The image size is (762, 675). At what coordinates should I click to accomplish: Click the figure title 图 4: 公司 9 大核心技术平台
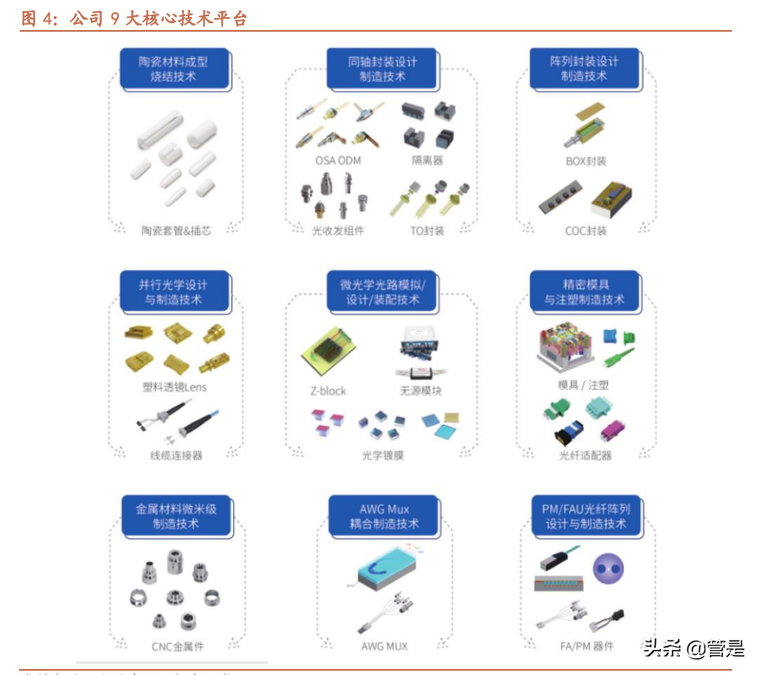(x=133, y=18)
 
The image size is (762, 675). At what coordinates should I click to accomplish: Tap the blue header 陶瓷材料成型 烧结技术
(x=174, y=69)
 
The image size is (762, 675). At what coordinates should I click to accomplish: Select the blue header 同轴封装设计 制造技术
(x=382, y=69)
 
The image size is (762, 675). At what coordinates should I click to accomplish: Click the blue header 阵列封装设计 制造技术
(x=584, y=69)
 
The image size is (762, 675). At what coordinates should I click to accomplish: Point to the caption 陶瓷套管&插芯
(x=176, y=230)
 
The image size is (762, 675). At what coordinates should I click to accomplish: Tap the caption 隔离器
(x=427, y=160)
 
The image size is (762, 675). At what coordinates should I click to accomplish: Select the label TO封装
(x=427, y=230)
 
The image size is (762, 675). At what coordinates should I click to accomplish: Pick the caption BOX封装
(x=586, y=160)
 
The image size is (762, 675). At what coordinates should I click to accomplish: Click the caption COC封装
(x=586, y=230)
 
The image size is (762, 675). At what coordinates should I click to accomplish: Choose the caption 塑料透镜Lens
(x=174, y=387)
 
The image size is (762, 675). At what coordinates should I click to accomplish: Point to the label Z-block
(x=328, y=391)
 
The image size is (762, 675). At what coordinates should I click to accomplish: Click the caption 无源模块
(x=420, y=391)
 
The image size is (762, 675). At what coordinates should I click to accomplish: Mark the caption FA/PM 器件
(x=585, y=645)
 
